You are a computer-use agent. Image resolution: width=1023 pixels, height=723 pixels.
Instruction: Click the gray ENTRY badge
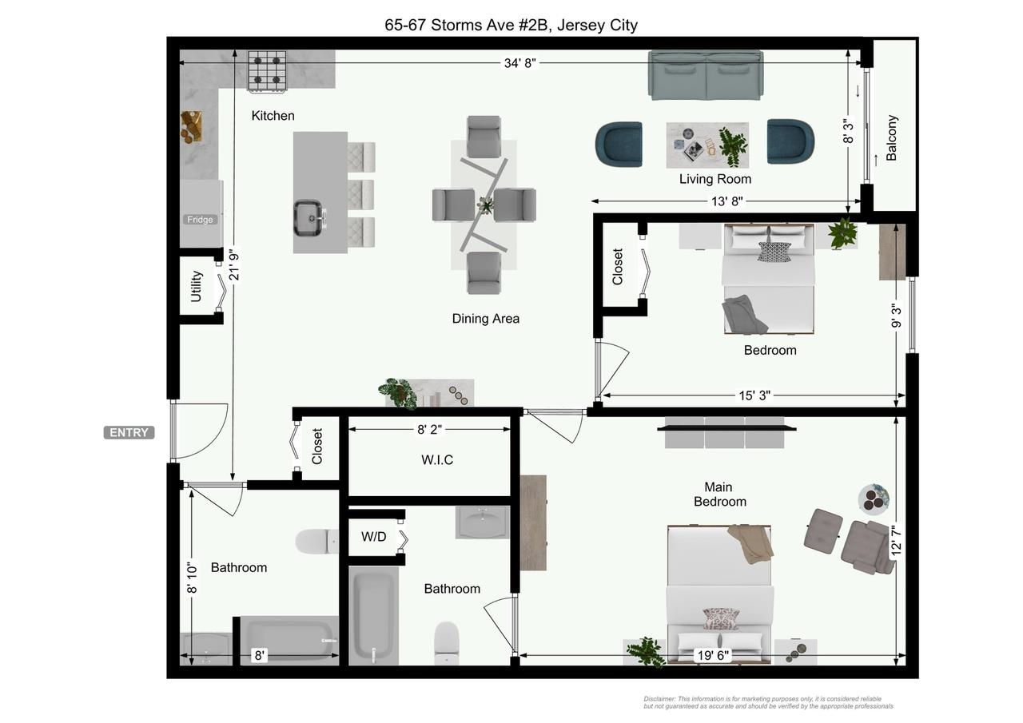point(129,433)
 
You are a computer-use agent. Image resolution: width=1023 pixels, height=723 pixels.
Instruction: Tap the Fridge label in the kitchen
point(200,220)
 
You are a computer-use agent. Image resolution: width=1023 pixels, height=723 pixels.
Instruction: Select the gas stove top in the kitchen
point(267,71)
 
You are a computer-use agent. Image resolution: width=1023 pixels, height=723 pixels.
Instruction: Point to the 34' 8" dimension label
point(519,63)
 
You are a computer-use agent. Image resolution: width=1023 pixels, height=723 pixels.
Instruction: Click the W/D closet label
point(373,537)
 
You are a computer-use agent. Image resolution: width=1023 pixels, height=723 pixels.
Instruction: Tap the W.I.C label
point(437,459)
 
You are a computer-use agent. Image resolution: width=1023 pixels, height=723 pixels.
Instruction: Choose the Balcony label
point(891,138)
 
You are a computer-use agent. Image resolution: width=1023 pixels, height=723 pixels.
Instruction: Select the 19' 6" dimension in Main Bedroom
point(713,655)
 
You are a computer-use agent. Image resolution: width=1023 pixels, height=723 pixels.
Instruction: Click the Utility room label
point(196,286)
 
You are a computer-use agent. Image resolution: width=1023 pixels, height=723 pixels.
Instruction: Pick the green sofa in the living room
point(706,75)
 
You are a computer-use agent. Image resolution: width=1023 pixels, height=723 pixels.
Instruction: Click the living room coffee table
point(707,145)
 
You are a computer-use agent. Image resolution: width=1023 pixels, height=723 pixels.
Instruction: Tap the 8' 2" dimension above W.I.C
point(430,429)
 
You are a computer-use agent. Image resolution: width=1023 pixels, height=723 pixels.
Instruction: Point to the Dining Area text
point(485,319)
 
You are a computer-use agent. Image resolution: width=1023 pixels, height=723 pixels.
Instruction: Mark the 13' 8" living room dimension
point(727,201)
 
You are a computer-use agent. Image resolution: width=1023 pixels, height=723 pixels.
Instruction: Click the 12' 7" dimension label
point(896,541)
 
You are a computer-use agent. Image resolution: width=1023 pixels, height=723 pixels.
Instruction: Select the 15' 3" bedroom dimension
point(754,395)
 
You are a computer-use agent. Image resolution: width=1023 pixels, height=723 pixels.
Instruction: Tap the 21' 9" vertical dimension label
point(234,264)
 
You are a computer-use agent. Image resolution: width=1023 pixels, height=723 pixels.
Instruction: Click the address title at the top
point(511,25)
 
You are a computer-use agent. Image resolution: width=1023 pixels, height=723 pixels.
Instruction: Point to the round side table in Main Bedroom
point(874,499)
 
